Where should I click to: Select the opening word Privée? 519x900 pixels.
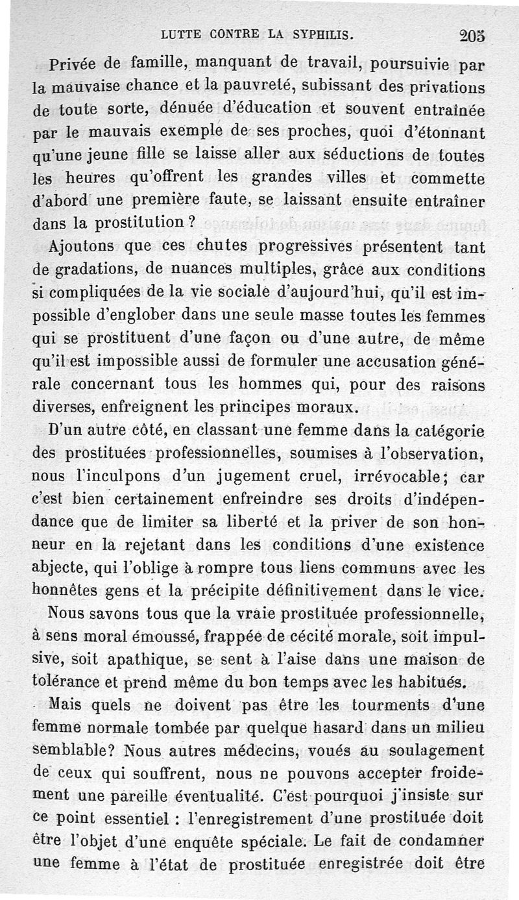[75, 65]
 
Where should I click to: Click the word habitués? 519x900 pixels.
[436, 681]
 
